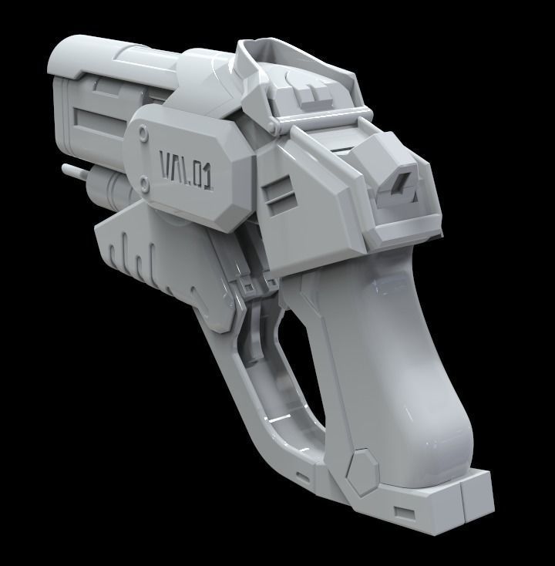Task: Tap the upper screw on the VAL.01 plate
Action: tap(144, 134)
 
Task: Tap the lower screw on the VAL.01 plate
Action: tap(145, 182)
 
